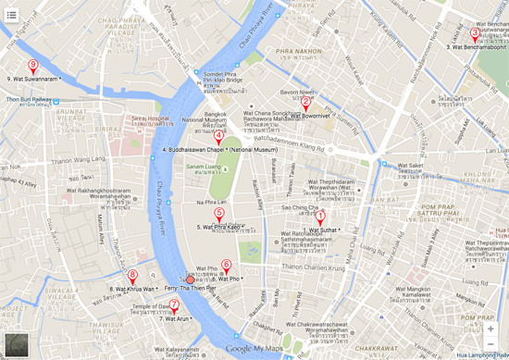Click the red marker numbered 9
tap(33, 66)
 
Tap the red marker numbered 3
tap(475, 33)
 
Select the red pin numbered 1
tap(320, 217)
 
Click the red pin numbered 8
tap(132, 275)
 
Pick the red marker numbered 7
tap(174, 304)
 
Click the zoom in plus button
tap(490, 329)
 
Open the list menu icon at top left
tap(12, 15)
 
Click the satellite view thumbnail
tap(16, 344)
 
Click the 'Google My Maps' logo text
tap(254, 349)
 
